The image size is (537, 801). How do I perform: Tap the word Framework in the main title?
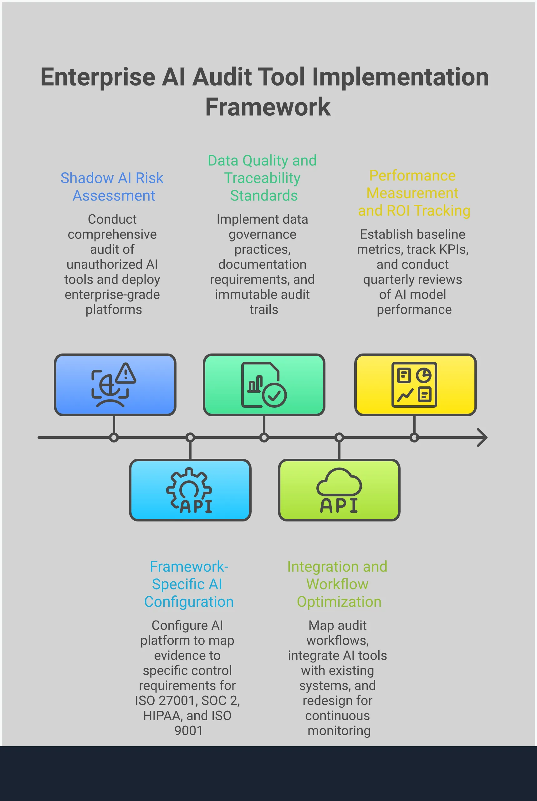pyautogui.click(x=268, y=107)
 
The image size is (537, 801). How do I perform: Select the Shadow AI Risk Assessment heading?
pyautogui.click(x=112, y=186)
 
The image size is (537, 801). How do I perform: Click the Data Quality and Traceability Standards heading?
pyautogui.click(x=262, y=178)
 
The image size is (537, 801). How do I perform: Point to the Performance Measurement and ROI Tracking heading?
pyautogui.click(x=414, y=193)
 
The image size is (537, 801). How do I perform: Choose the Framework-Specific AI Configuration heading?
pyautogui.click(x=189, y=584)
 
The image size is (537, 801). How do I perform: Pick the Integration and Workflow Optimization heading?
pyautogui.click(x=337, y=584)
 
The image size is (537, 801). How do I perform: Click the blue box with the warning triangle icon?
pyautogui.click(x=115, y=385)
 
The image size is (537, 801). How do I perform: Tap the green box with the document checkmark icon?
pyautogui.click(x=264, y=385)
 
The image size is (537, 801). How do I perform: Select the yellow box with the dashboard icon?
pyautogui.click(x=415, y=385)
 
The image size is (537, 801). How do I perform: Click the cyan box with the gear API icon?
pyautogui.click(x=190, y=490)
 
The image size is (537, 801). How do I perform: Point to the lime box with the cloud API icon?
pyautogui.click(x=339, y=490)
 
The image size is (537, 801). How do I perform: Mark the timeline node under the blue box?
pyautogui.click(x=114, y=437)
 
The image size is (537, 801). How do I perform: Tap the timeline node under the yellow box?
pyautogui.click(x=414, y=437)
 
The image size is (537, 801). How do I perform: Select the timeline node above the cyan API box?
pyautogui.click(x=190, y=437)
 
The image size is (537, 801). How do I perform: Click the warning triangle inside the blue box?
pyautogui.click(x=126, y=374)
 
